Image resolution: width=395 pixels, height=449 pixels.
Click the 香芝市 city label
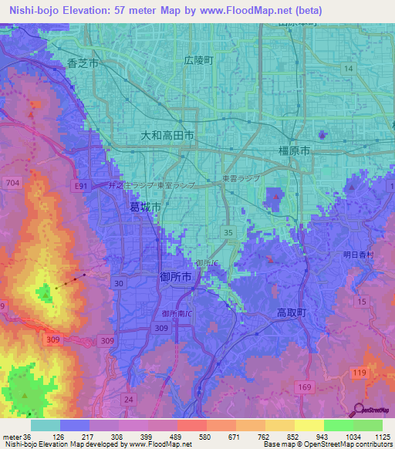(x=83, y=64)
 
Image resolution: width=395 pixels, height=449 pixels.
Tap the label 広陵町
(x=198, y=60)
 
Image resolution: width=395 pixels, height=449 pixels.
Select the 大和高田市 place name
(x=167, y=135)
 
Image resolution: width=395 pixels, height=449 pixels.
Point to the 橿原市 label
(x=293, y=152)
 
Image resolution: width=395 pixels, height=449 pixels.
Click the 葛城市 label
(x=145, y=208)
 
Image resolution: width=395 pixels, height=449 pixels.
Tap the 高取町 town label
(x=292, y=312)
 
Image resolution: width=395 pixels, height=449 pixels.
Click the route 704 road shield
(x=12, y=183)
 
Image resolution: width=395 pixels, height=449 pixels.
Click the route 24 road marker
(x=128, y=399)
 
